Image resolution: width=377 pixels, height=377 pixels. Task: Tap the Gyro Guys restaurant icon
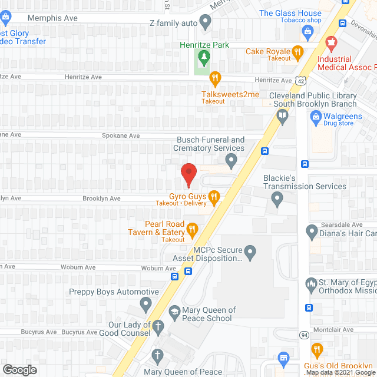(214, 196)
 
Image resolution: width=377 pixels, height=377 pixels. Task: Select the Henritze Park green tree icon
(204, 57)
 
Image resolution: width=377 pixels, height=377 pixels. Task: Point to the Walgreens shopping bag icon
(316, 117)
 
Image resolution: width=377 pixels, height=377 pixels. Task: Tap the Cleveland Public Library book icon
(283, 115)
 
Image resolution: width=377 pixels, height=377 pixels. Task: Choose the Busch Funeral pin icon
(232, 159)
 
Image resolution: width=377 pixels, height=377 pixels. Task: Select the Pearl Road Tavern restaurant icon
(191, 229)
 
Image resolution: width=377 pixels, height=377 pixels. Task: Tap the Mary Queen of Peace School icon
(174, 311)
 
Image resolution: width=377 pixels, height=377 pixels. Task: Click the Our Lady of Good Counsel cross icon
(157, 326)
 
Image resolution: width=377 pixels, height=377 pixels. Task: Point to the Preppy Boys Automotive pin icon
(145, 304)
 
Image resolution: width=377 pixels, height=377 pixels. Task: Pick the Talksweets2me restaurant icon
(215, 77)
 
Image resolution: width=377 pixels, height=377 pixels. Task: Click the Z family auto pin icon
(205, 23)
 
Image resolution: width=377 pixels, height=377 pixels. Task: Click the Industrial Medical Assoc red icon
(331, 42)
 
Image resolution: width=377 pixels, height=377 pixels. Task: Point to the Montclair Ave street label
(335, 330)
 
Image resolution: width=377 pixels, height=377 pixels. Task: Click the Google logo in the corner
(19, 369)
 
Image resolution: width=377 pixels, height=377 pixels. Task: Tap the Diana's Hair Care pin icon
(312, 230)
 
